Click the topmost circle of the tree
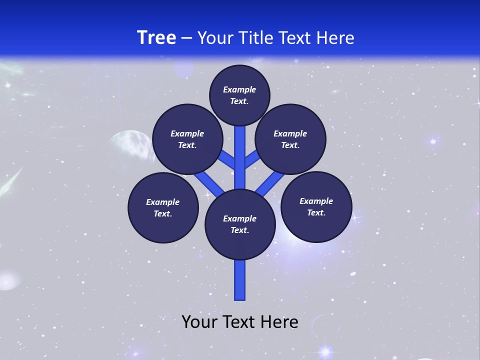[239, 95]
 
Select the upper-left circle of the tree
[187, 139]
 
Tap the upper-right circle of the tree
[290, 139]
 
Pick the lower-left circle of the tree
[163, 207]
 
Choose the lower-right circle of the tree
[316, 206]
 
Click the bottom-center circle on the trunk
[240, 224]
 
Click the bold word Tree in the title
[156, 37]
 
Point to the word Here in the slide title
[335, 38]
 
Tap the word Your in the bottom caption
[199, 322]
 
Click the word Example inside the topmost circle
[239, 89]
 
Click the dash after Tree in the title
[187, 38]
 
